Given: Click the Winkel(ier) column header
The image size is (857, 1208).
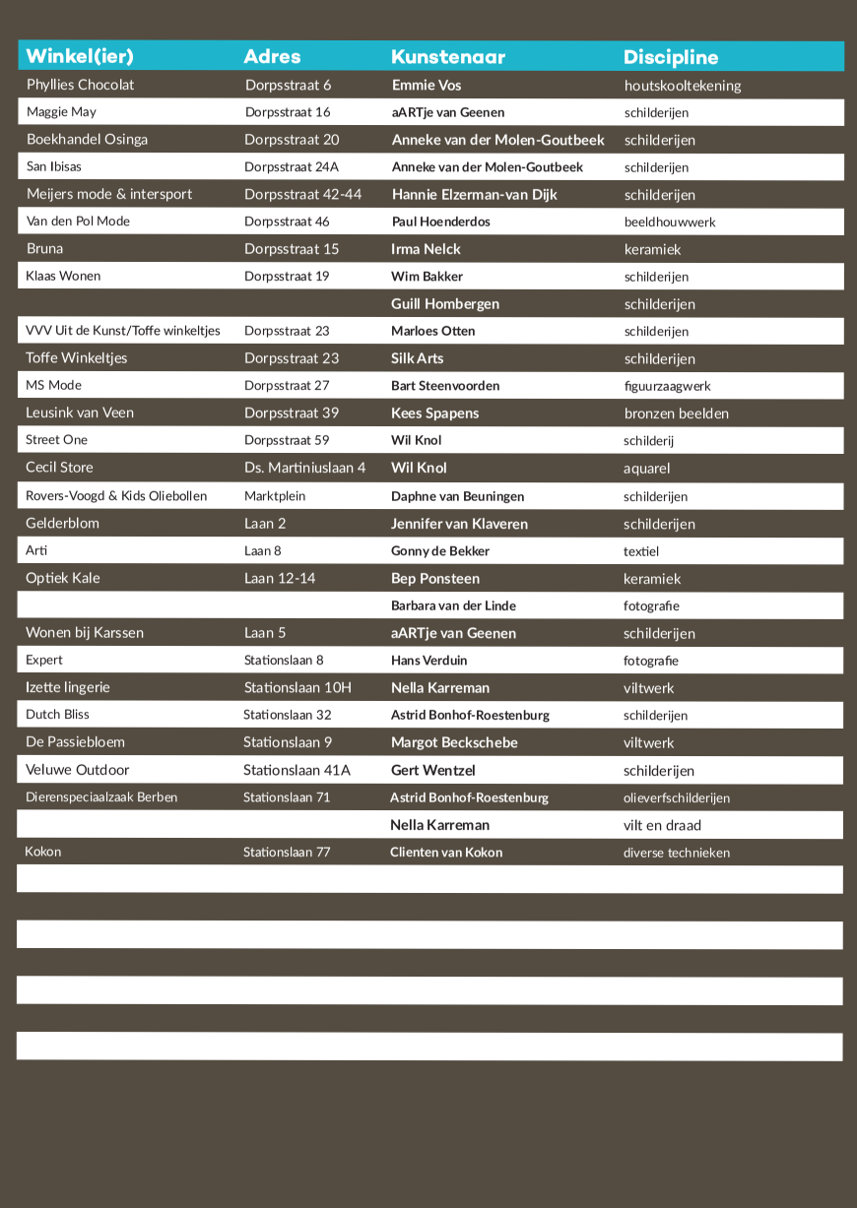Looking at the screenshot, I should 80,56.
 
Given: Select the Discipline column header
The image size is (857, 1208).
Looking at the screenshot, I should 671,57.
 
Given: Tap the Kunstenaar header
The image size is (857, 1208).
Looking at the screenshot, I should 448,57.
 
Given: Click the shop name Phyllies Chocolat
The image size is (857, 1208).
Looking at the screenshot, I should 81,85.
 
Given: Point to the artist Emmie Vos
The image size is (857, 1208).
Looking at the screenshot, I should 427,85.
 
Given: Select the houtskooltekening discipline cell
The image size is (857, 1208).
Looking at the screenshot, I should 683,86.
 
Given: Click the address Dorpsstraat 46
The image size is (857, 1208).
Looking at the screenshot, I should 287,222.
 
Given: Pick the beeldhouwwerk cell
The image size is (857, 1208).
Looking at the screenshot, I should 670,223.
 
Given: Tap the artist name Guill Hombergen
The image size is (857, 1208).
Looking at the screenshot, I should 445,304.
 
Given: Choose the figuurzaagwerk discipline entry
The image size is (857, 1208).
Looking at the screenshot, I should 667,386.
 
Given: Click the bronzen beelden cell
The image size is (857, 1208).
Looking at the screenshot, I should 677,413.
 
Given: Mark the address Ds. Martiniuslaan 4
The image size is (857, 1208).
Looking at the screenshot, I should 305,468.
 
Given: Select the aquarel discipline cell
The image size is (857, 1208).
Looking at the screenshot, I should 646,469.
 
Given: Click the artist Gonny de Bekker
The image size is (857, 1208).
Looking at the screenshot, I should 440,551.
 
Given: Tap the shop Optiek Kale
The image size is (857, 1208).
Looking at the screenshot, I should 63,578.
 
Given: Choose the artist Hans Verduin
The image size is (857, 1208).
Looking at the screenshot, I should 429,661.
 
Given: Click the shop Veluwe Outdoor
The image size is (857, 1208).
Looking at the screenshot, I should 78,770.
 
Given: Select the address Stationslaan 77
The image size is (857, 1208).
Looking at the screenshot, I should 287,853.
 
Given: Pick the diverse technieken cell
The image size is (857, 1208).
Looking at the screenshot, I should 677,853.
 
